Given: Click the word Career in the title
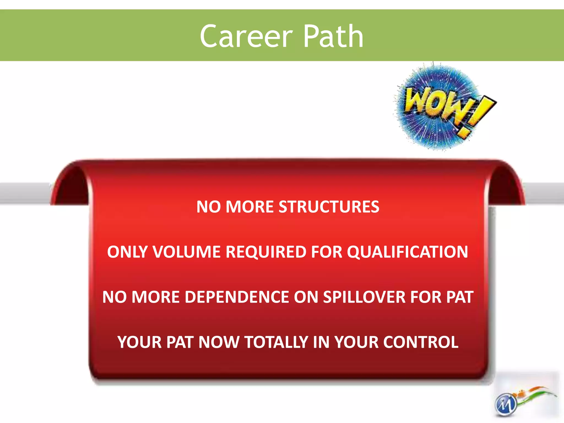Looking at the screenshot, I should point(246,36).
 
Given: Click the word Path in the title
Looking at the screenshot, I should point(333,36).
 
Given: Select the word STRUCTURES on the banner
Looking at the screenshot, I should point(329,207).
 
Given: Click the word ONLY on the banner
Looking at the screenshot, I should point(128,252).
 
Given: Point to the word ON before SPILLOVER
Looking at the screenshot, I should point(306,297).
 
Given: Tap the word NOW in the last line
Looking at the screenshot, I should point(219,342).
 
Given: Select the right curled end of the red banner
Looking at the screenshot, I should point(505,185).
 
